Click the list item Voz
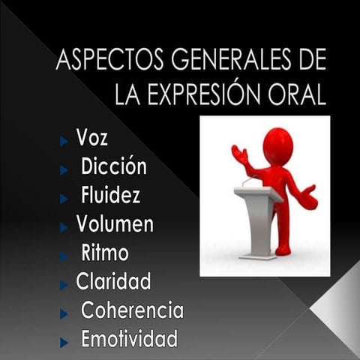(x=92, y=138)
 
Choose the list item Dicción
(x=114, y=166)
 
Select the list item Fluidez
(x=110, y=195)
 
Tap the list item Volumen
(x=115, y=223)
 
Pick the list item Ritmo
(x=104, y=253)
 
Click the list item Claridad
(x=113, y=281)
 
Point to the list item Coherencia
(x=132, y=310)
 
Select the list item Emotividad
(x=129, y=338)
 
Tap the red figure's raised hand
(x=239, y=154)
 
